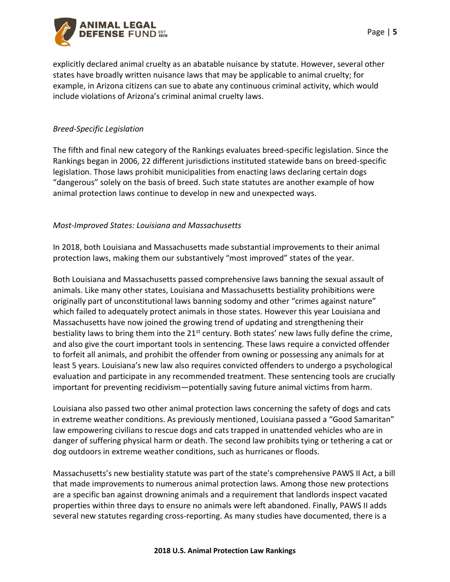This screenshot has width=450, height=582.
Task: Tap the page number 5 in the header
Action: pos(395,32)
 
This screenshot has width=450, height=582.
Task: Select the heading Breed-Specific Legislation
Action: pos(98,129)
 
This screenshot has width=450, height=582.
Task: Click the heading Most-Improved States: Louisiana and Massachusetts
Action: pos(147,225)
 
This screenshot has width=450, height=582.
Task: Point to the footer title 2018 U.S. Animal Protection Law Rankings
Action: pos(225,550)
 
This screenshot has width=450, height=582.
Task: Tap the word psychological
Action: pos(364,366)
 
